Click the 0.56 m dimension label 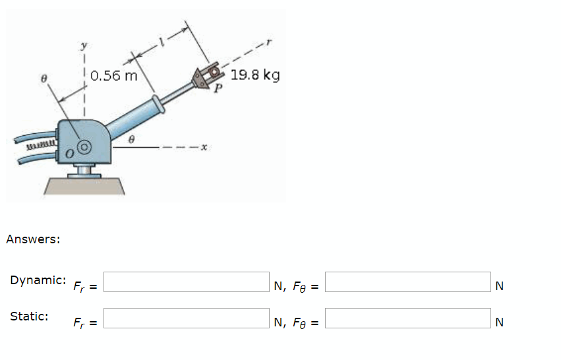point(114,75)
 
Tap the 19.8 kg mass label point(255,75)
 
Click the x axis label point(205,149)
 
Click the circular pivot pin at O point(84,146)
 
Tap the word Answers point(33,239)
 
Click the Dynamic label point(38,280)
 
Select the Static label point(29,316)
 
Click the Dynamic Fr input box point(187,282)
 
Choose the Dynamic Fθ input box point(408,282)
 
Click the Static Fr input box point(187,318)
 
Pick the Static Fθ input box point(408,318)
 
